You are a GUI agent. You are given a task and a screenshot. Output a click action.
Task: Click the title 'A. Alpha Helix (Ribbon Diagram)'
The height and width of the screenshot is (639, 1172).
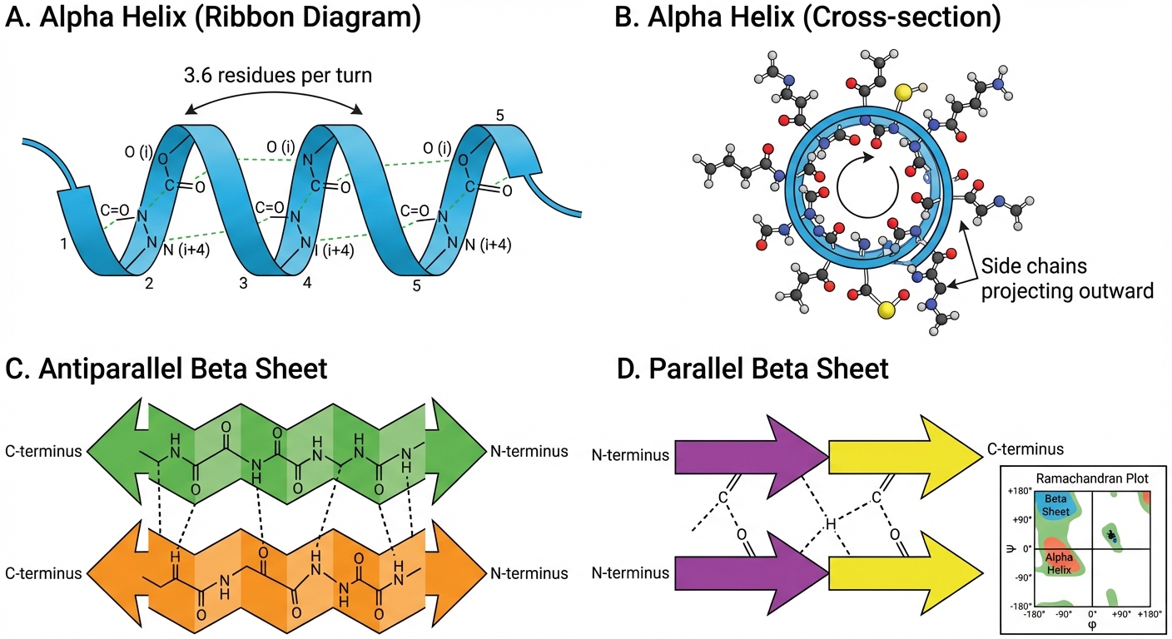click(213, 17)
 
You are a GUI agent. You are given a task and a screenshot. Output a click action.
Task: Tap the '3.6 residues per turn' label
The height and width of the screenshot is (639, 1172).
click(278, 76)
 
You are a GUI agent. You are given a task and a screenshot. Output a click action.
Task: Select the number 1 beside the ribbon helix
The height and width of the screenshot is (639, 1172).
click(63, 244)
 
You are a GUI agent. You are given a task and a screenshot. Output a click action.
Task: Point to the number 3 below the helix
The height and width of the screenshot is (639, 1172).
click(243, 284)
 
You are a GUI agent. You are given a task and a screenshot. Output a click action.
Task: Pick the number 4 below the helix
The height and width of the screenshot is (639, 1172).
click(307, 283)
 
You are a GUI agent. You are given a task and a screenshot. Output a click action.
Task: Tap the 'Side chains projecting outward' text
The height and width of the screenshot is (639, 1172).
click(1067, 278)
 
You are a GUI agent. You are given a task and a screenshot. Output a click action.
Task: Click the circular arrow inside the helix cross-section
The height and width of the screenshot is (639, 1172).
click(867, 185)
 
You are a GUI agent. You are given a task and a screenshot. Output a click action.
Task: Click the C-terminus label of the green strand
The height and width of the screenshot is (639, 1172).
click(43, 451)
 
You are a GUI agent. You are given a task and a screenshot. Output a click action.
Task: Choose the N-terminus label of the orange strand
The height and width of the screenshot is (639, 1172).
click(529, 573)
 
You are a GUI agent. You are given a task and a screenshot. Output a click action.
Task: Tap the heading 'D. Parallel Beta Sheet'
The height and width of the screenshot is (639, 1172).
click(752, 369)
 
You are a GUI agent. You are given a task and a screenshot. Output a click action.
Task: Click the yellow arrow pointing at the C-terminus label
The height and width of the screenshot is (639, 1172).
click(906, 456)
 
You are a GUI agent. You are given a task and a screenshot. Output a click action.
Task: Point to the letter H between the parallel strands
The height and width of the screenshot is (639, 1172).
click(830, 523)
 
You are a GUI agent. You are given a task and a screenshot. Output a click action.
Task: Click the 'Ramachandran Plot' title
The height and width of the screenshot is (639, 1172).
click(1092, 478)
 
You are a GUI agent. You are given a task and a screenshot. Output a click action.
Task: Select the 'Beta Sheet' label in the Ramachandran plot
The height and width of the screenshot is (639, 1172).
click(1055, 505)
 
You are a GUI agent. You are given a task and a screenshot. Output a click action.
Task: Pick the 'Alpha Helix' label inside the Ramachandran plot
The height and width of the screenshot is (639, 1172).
click(1059, 563)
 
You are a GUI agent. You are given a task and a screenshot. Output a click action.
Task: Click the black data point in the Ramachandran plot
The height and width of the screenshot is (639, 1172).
click(1111, 534)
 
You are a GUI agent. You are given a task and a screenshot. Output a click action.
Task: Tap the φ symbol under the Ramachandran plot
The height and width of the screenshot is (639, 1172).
click(1091, 625)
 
